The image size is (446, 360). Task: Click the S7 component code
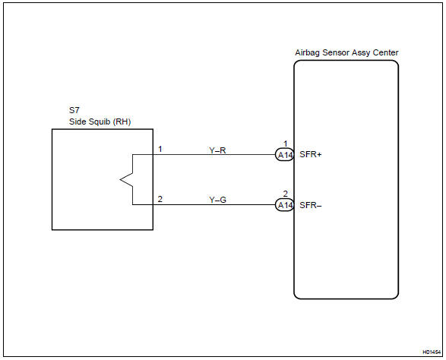73,110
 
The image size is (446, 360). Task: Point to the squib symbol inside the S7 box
127,179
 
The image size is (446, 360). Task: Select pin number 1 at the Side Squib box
160,149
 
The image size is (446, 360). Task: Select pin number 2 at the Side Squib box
160,199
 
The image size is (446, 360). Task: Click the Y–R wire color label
217,150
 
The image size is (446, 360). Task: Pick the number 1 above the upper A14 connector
285,144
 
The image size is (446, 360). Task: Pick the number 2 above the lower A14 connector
285,194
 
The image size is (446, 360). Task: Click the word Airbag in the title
307,52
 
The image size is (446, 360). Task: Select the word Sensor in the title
334,52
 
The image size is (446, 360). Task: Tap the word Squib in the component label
94,122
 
